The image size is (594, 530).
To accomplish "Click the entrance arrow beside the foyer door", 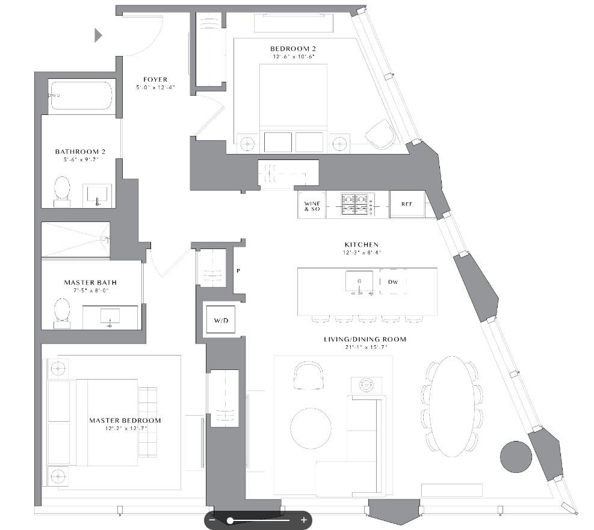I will coord(98,35).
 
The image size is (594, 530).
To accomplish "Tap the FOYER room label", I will coord(155,79).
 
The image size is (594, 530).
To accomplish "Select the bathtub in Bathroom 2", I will coord(82,95).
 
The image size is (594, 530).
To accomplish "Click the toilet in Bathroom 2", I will coord(62,189).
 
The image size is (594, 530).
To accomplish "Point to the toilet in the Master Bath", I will coord(62,311).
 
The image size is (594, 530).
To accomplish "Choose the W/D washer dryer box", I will coord(221,321).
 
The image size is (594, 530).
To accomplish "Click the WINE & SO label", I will coord(312,205).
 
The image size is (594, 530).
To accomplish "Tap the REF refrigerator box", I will coord(407,205).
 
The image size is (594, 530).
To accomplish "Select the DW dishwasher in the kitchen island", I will coord(392,282).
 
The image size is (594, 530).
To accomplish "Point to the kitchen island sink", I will coord(359,281).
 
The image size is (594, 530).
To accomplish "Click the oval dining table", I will coord(451,407).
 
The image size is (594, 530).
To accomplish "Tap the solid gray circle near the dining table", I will coord(516,457).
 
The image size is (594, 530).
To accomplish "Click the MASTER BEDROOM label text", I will coord(125,421).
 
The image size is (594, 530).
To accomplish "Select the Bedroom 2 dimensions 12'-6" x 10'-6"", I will coord(292,57).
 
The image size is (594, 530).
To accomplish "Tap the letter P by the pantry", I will coord(238,271).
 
